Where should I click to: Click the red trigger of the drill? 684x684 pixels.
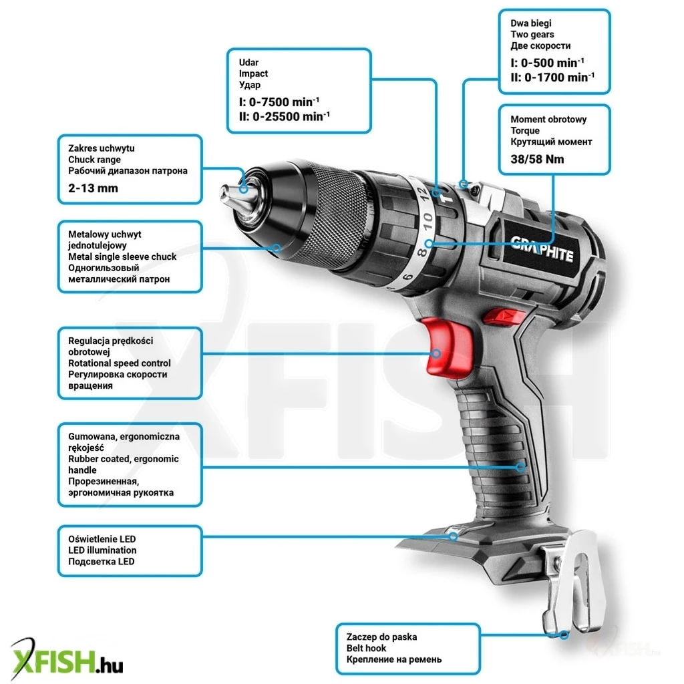point(447,347)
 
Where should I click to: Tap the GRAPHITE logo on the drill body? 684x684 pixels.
point(541,248)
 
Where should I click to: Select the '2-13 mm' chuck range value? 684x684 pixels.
point(93,188)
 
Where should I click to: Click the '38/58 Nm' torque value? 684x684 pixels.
point(537,159)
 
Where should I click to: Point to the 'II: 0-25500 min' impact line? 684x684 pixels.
point(285,116)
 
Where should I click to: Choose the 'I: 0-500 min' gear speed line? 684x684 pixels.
point(547,63)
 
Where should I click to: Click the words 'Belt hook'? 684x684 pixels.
point(367,648)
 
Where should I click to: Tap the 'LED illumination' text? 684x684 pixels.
point(102,550)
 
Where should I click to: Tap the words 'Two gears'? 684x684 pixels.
point(532,35)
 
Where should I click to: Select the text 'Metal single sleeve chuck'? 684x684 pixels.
point(122,256)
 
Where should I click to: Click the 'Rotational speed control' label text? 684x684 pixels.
point(119,363)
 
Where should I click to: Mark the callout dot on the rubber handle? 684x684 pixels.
point(520,467)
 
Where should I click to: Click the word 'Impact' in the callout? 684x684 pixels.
point(253,73)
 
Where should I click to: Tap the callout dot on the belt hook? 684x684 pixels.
point(564,635)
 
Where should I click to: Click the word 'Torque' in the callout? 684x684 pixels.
point(525,131)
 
